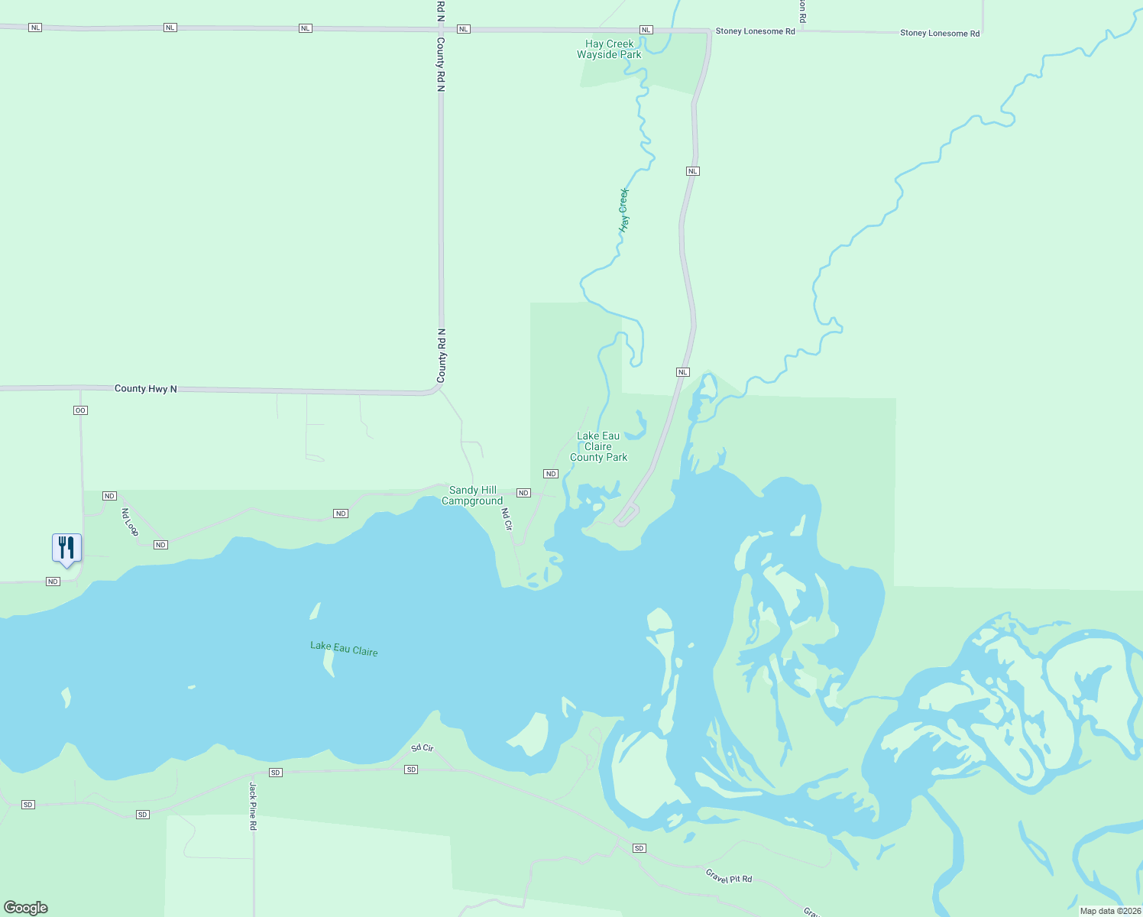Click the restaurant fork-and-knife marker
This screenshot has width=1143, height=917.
coord(66,548)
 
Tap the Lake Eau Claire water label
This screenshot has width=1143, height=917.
coord(344,649)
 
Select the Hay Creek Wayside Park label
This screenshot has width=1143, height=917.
coord(609,50)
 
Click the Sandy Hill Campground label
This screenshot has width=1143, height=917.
coord(472,495)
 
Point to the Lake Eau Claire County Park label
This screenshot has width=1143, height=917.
coord(598,446)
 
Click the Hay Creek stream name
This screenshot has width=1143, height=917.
coord(624,210)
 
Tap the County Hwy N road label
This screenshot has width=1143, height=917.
coord(145,389)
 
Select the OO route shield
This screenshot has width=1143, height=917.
coord(80,410)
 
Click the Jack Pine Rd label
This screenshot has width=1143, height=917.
coord(252,805)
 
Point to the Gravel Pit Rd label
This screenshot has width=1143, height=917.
coord(728,876)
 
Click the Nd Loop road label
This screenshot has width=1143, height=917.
coord(130,522)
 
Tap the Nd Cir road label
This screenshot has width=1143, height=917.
coord(507,519)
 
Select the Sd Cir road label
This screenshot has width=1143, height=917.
coord(422,747)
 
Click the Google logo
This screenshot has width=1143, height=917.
coord(26,907)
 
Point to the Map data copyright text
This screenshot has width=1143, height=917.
coord(1110,911)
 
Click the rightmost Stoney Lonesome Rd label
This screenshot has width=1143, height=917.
coord(939,33)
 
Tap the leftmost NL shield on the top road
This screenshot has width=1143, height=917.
coord(35,28)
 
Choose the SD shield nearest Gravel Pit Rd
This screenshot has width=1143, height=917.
coord(639,848)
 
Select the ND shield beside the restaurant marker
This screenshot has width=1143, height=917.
coord(53,582)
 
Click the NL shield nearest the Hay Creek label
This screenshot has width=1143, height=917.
coord(692,171)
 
